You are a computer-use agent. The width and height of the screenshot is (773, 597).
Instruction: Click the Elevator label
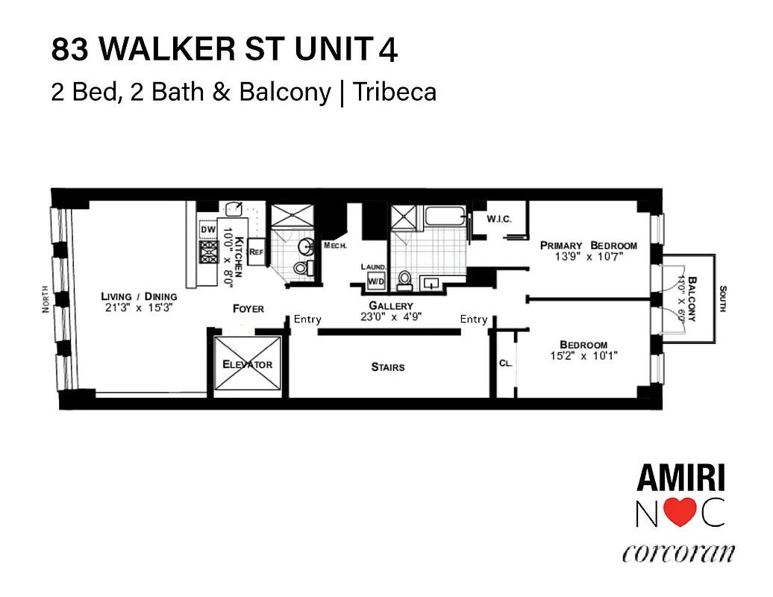tap(248, 364)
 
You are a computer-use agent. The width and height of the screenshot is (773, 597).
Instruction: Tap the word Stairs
tap(388, 366)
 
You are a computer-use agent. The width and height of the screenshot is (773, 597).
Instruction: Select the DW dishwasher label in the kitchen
tap(208, 230)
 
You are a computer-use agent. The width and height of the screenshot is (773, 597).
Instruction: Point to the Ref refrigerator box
tap(257, 251)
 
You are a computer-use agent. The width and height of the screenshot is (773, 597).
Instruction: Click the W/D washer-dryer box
tap(375, 281)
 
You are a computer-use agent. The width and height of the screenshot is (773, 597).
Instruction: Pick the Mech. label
tap(333, 245)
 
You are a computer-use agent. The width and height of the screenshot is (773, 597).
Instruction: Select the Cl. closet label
tap(505, 363)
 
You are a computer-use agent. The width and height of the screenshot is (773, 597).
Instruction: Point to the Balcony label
tap(692, 298)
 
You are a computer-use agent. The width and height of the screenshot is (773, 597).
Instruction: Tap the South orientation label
tap(722, 298)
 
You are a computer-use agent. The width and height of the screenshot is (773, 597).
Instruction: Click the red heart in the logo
tap(680, 513)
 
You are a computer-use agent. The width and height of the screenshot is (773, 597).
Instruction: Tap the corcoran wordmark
tap(678, 554)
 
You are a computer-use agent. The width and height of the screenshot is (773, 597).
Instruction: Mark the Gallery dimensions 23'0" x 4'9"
tap(391, 316)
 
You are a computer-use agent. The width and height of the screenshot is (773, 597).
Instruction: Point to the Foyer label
tap(248, 308)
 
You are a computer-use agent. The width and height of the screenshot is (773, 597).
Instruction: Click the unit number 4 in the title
tap(388, 50)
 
